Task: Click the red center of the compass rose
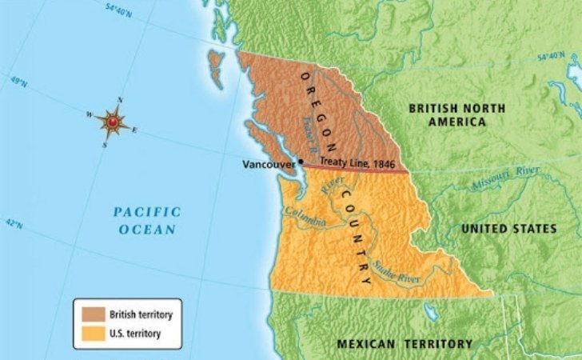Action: (x=113, y=122)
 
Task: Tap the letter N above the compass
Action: (x=120, y=100)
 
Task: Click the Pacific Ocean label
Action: (x=146, y=220)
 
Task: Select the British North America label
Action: (x=447, y=114)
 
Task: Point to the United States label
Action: (x=508, y=229)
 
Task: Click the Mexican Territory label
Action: (x=405, y=344)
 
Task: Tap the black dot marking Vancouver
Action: (x=301, y=162)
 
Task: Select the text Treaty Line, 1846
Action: (x=357, y=162)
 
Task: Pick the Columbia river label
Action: (x=304, y=217)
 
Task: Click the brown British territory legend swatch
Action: (x=89, y=315)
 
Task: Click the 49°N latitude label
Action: (x=18, y=83)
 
